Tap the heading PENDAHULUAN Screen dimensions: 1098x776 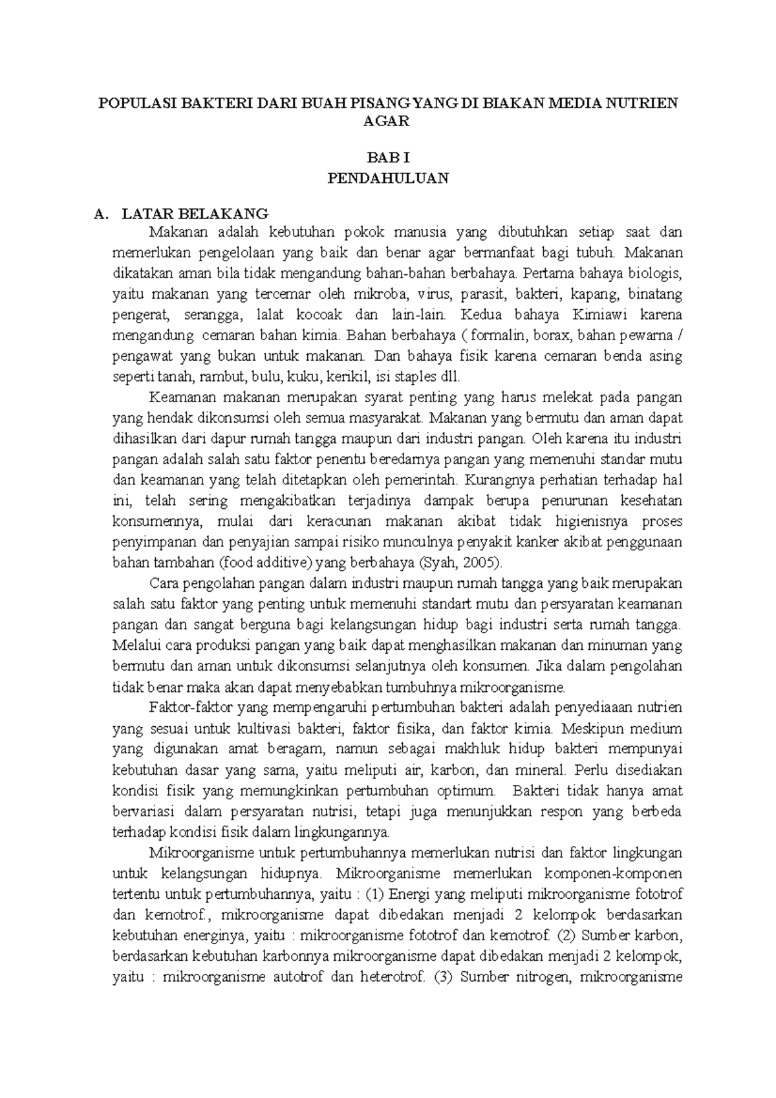click(x=388, y=178)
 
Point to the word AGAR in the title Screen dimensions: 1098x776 click(x=388, y=121)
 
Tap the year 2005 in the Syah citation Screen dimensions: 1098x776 click(x=477, y=563)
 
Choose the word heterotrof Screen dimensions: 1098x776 click(x=391, y=977)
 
